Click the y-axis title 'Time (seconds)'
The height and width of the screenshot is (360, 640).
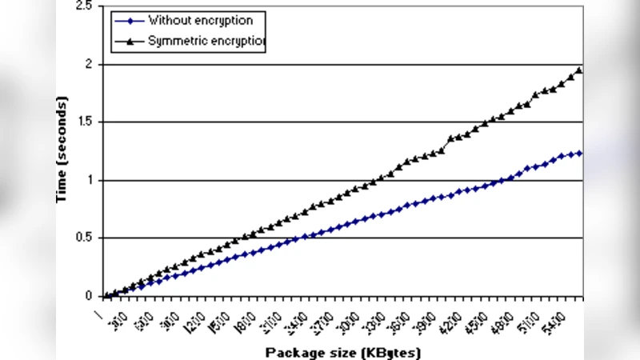[x=62, y=150]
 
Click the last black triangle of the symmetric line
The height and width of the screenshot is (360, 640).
[x=579, y=70]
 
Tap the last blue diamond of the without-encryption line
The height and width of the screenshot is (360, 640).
[x=579, y=153]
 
